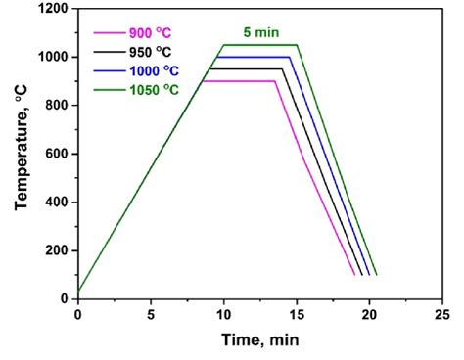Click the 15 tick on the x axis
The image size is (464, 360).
(297, 314)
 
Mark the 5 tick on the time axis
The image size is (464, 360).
(151, 314)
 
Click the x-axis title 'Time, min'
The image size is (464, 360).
(258, 340)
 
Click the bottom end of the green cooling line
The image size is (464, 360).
(376, 275)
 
